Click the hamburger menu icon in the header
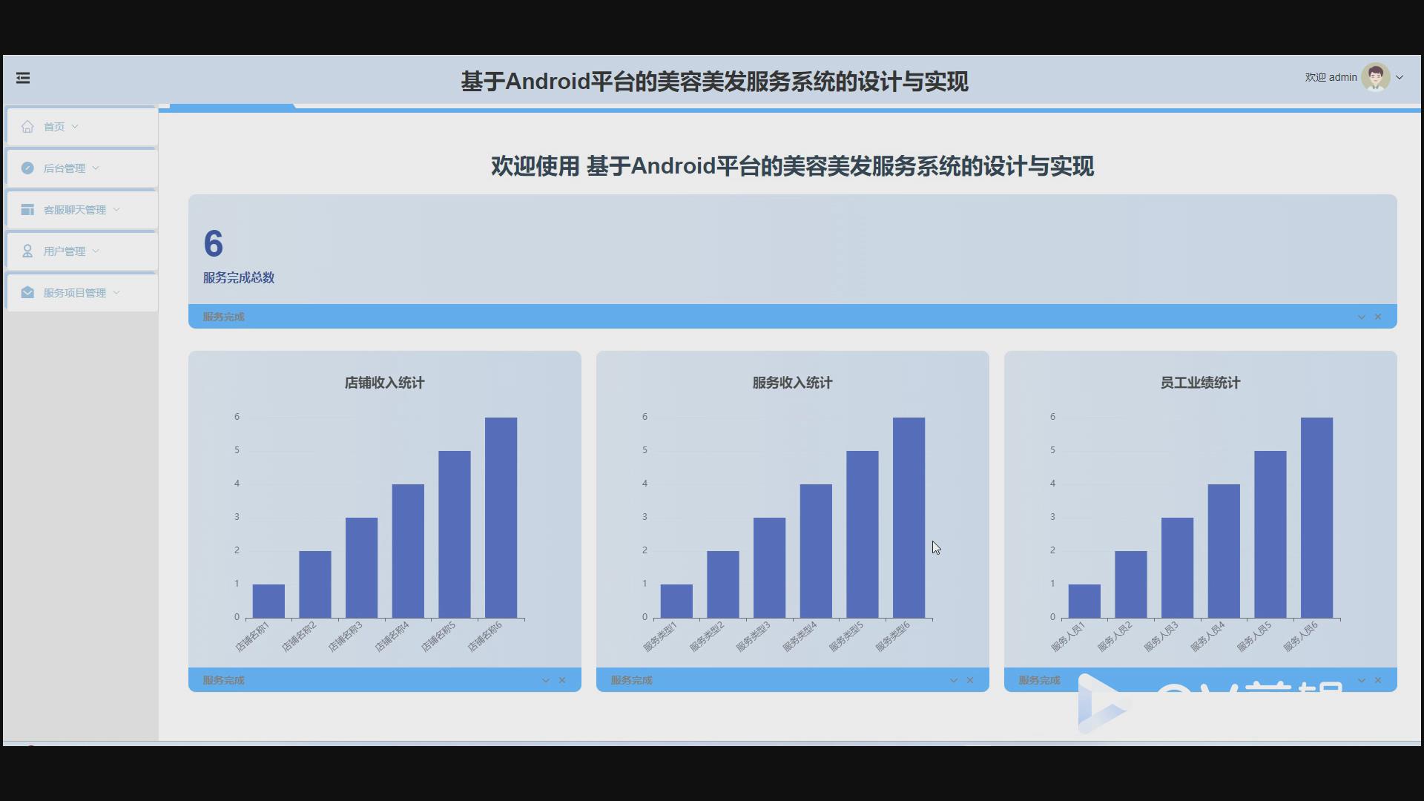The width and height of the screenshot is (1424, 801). coord(23,78)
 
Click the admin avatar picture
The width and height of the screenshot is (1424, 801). coord(1375,77)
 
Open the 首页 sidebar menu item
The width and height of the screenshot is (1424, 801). coord(54,127)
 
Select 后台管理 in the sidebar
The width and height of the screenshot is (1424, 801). coord(65,168)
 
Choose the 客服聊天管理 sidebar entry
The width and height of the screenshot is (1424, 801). coord(74,210)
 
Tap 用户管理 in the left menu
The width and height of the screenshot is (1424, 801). coord(65,251)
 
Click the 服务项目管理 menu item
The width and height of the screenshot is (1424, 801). coord(74,293)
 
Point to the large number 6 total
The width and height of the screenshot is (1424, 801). coord(214,244)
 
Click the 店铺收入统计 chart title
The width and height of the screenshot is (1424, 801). coord(384,383)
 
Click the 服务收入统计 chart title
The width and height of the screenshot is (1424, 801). coord(792,383)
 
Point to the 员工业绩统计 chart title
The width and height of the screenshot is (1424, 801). coord(1200,383)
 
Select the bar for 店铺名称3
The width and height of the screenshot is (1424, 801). coord(361,567)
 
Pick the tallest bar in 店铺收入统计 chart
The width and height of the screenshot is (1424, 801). coord(501,518)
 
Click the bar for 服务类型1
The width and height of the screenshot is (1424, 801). coord(676,601)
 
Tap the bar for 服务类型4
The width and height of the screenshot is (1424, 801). coord(816,551)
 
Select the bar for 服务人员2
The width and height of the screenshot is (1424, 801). coord(1130,584)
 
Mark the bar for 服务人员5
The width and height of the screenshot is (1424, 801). coord(1270,534)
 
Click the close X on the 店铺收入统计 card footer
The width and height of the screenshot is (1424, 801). coord(562,680)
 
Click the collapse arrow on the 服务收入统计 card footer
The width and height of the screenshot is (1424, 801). coord(954,680)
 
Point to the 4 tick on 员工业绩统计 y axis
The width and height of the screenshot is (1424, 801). coord(1052,484)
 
